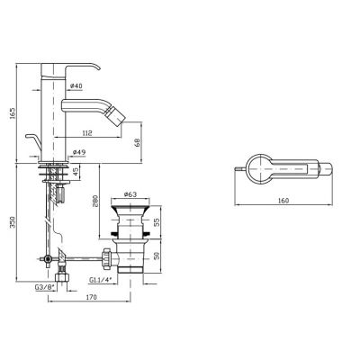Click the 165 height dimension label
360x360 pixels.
click(x=12, y=112)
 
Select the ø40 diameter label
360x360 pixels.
click(x=76, y=85)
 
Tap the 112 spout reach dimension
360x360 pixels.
click(x=87, y=132)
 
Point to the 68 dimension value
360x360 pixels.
click(x=138, y=142)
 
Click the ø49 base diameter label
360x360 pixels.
click(x=79, y=152)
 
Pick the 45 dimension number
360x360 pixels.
click(x=76, y=172)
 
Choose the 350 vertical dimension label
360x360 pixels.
click(x=12, y=221)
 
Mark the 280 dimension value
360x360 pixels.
click(x=95, y=202)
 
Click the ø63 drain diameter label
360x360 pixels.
click(x=130, y=194)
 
